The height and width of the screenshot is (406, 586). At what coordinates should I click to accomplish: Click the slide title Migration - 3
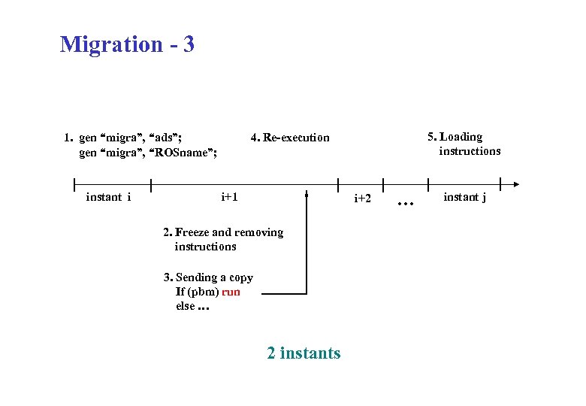pyautogui.click(x=127, y=44)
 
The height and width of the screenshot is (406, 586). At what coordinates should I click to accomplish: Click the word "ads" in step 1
pyautogui.click(x=165, y=138)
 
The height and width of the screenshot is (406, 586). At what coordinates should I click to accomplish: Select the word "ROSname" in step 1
pyautogui.click(x=185, y=153)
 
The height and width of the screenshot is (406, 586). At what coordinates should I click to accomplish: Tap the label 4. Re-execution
pyautogui.click(x=290, y=138)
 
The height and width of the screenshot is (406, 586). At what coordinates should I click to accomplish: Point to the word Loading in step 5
pyautogui.click(x=461, y=136)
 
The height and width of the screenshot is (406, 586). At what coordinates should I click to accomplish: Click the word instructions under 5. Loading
pyautogui.click(x=470, y=151)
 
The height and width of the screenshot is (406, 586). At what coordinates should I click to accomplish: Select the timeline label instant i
pyautogui.click(x=109, y=198)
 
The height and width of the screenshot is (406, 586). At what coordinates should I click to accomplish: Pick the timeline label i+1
pyautogui.click(x=229, y=198)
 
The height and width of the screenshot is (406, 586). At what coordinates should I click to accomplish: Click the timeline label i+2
pyautogui.click(x=362, y=198)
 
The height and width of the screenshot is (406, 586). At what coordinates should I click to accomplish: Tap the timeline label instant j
pyautogui.click(x=464, y=198)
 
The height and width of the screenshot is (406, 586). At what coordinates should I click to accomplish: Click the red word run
pyautogui.click(x=231, y=292)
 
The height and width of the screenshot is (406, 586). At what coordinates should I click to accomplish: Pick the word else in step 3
pyautogui.click(x=185, y=306)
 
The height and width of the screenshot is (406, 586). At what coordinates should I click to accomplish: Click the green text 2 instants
pyautogui.click(x=304, y=353)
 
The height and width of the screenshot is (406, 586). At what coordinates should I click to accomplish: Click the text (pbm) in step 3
pyautogui.click(x=204, y=292)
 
